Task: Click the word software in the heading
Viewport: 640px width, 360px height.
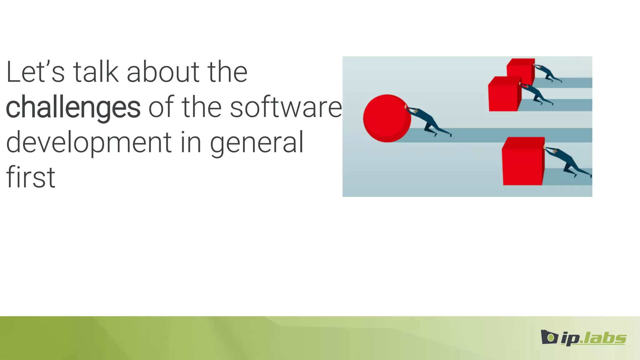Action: coord(286,107)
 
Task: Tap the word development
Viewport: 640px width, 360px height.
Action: coord(89,142)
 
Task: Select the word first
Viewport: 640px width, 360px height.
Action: coord(31,177)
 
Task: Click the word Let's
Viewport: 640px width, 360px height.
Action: coord(35,72)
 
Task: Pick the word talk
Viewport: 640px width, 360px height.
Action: coord(96,72)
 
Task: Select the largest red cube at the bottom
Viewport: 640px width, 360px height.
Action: coord(522,162)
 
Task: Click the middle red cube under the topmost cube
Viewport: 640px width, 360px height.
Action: coord(503,95)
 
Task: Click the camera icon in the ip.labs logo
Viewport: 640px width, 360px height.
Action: coord(549,337)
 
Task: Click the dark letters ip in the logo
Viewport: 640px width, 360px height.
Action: coord(569,339)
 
